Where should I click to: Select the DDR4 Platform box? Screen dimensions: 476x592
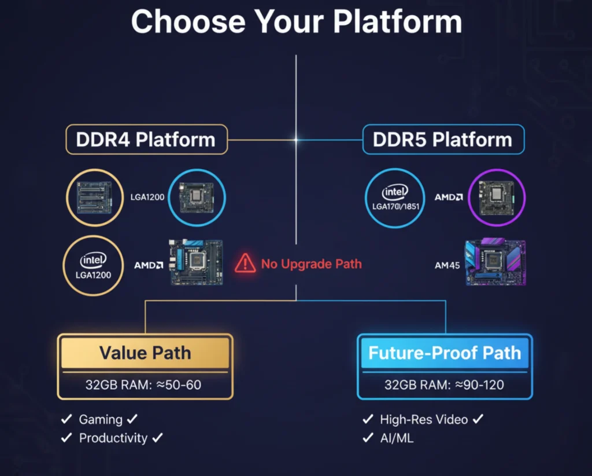[146, 140]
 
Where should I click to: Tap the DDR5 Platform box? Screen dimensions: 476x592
[443, 140]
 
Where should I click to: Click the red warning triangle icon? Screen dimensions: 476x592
[245, 263]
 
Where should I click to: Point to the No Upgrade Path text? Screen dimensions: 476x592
[311, 264]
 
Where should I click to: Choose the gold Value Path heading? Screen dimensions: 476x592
[145, 353]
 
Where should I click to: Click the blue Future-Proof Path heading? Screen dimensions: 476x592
[445, 353]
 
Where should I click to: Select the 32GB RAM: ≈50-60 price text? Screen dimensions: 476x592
[145, 385]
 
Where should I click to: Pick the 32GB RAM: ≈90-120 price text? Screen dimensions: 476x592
[445, 385]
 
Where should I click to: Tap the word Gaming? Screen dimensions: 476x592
[101, 419]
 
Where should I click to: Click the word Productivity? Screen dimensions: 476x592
[113, 438]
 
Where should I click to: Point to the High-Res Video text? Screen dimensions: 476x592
[424, 419]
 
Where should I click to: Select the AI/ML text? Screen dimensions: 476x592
[397, 437]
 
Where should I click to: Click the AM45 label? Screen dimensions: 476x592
[446, 266]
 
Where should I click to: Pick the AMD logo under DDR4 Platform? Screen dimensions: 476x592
[149, 265]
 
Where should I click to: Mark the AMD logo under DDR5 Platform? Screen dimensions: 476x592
[449, 197]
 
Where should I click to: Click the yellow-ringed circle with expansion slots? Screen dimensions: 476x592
[94, 197]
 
